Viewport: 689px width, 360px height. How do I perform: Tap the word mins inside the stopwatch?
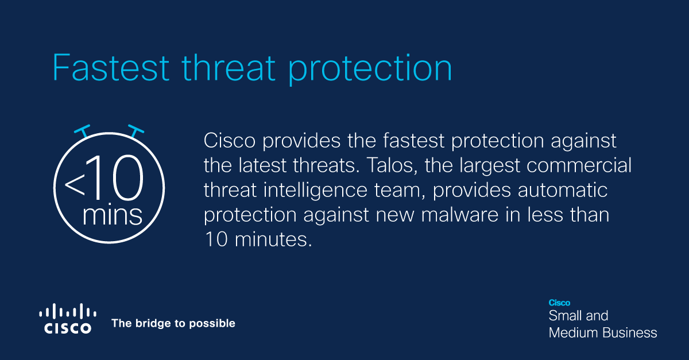pyautogui.click(x=112, y=215)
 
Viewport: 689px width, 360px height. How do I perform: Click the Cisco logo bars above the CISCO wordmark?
pyautogui.click(x=68, y=312)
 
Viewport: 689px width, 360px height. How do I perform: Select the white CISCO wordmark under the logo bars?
pyautogui.click(x=68, y=328)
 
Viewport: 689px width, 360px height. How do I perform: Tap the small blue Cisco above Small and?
pyautogui.click(x=559, y=303)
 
